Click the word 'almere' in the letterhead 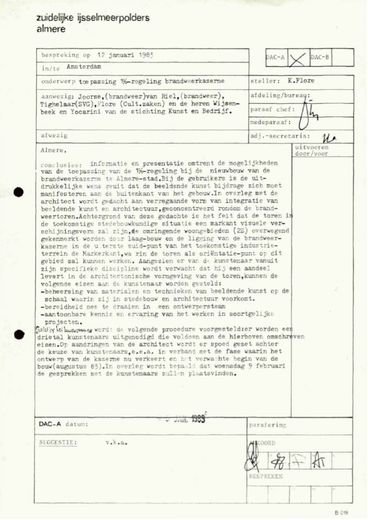pos(51,29)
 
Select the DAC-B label pos(320,57)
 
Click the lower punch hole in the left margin pos(17,335)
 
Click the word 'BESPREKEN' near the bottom pos(265,476)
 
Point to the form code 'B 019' pos(341,512)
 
